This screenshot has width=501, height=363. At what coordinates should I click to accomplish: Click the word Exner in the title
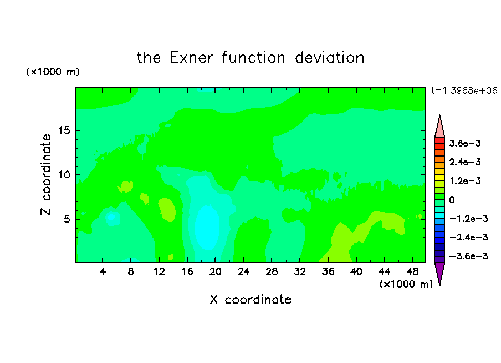(x=191, y=58)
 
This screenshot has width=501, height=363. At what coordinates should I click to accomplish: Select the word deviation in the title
(x=329, y=58)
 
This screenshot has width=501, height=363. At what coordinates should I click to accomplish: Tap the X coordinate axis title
(x=250, y=300)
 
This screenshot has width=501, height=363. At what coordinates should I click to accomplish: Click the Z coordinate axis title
(x=45, y=175)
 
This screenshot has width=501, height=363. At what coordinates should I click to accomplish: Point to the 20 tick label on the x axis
(x=215, y=272)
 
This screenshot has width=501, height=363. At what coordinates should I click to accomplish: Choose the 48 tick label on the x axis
(x=412, y=272)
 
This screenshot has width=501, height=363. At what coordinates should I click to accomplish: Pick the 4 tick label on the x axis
(x=103, y=272)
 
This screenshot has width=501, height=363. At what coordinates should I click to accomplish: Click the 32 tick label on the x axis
(x=300, y=272)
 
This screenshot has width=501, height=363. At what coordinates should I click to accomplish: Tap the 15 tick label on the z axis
(x=64, y=130)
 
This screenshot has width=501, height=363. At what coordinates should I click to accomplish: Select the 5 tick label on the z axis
(x=67, y=219)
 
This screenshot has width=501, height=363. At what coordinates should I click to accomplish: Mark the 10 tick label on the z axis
(x=64, y=175)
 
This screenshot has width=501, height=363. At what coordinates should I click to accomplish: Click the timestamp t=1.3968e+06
(x=464, y=90)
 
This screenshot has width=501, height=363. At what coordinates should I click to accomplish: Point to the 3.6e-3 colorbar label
(x=464, y=143)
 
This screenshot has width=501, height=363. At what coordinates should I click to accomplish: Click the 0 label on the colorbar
(x=452, y=200)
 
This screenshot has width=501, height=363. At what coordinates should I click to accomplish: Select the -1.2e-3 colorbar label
(x=468, y=219)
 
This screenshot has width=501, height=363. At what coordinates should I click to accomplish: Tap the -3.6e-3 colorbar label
(x=468, y=256)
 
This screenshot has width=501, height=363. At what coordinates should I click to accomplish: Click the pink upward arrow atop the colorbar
(x=439, y=128)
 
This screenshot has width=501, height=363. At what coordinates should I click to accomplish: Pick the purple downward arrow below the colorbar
(x=439, y=272)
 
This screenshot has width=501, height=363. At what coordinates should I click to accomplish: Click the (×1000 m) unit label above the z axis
(x=53, y=72)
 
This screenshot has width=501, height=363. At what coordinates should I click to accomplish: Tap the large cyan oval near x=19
(x=207, y=227)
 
